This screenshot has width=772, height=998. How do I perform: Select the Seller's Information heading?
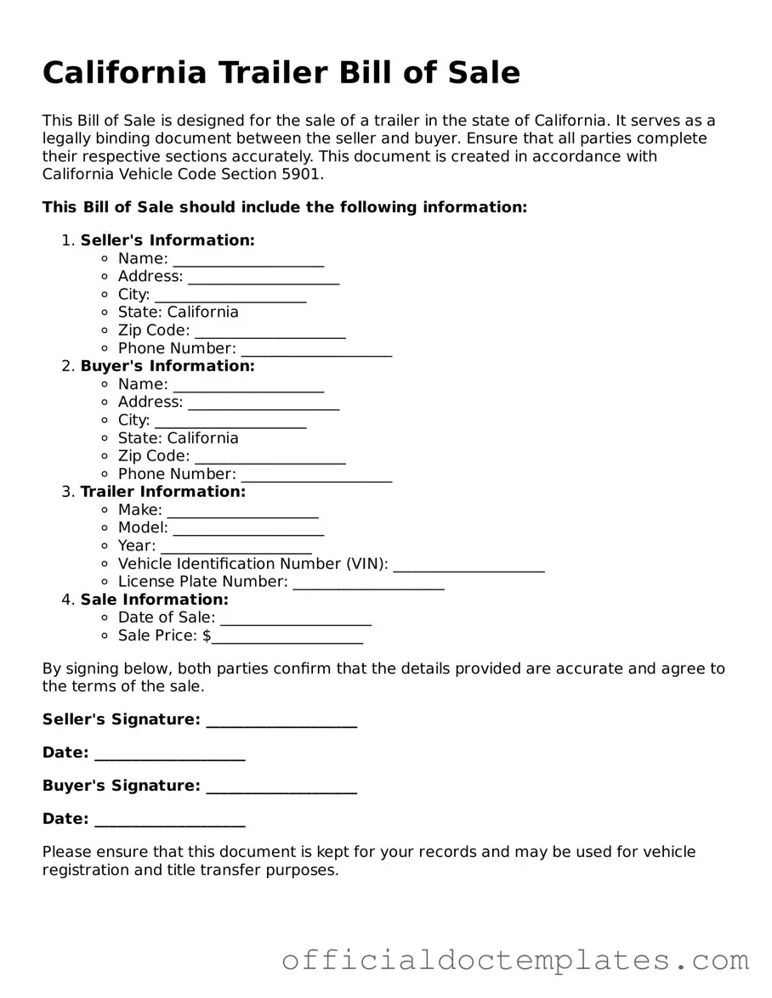[x=167, y=240]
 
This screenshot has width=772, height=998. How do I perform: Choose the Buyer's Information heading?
[x=167, y=366]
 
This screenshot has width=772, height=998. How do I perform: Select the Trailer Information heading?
[x=163, y=492]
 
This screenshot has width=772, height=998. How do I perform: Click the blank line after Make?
[x=243, y=512]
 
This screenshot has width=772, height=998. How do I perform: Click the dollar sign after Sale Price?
[x=207, y=635]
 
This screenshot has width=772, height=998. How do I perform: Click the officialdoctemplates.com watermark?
[x=515, y=961]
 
